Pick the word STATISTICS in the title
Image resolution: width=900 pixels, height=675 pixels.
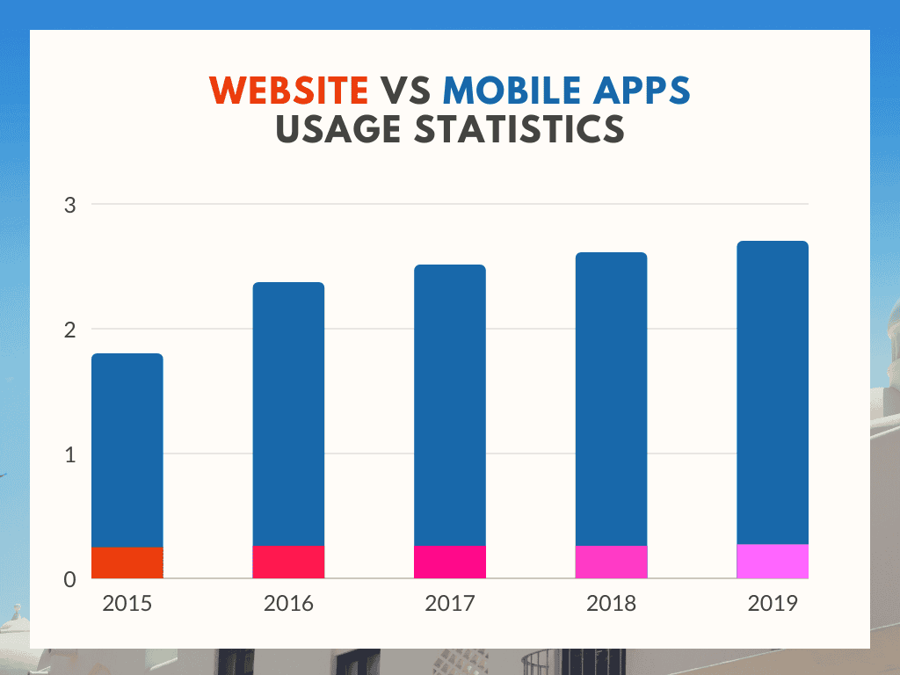point(510,129)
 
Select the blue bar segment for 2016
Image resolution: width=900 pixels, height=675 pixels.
point(288,414)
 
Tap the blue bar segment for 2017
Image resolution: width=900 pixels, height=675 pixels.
point(450,405)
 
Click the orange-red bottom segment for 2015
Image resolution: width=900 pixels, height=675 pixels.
point(127,562)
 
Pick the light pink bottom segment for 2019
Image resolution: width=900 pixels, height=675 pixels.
point(773,561)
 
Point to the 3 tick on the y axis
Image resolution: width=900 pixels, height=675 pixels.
point(70,205)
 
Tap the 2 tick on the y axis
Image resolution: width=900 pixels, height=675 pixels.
point(70,330)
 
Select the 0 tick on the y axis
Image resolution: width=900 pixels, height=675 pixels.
point(70,579)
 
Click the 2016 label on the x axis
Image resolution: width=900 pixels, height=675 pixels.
point(288,604)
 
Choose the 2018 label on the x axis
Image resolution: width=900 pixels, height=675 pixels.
point(611,604)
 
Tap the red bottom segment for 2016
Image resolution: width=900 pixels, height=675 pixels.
point(288,562)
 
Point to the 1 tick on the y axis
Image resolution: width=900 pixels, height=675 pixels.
point(71,454)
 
